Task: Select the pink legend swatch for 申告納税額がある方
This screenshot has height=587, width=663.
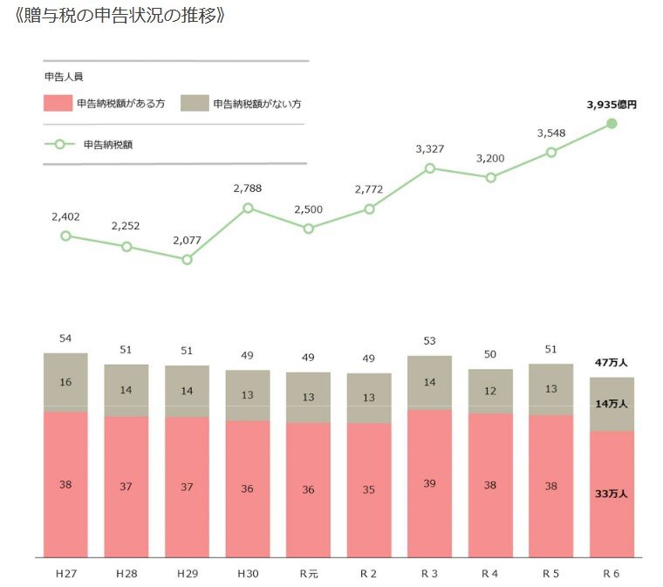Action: (57, 103)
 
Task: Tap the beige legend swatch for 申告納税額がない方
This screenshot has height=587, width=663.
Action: (194, 103)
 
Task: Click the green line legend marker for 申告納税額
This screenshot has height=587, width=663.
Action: (58, 144)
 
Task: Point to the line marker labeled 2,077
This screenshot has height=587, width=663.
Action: (187, 259)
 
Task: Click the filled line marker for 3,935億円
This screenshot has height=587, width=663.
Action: (612, 123)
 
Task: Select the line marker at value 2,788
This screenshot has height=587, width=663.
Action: (248, 208)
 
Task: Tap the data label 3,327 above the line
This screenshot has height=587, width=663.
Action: (430, 149)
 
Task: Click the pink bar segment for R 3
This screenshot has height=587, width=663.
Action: (429, 483)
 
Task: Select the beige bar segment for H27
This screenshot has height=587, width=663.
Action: (65, 382)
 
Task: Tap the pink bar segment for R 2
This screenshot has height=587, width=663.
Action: (369, 489)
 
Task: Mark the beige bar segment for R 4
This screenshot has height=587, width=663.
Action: (490, 391)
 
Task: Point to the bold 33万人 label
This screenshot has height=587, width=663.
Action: (610, 494)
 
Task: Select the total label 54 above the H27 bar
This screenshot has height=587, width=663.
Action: (65, 338)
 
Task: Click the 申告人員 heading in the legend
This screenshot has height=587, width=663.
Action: (61, 77)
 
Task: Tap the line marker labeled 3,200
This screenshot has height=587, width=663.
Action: (490, 177)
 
